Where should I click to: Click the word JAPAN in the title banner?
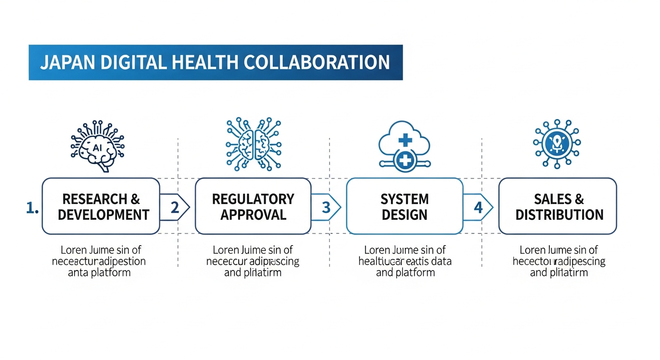pos(63,62)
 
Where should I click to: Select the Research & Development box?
pos(101,206)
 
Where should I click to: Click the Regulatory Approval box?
pos(253,206)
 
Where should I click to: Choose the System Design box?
pos(405,206)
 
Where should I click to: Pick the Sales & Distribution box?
pos(558,206)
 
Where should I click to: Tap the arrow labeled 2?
pos(175,206)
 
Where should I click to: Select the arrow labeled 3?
pos(327,206)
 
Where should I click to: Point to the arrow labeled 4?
pos(478,206)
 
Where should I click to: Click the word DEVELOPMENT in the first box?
pos(103,215)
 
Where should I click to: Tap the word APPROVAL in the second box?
pos(253,215)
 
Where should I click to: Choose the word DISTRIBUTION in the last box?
pos(560,215)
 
